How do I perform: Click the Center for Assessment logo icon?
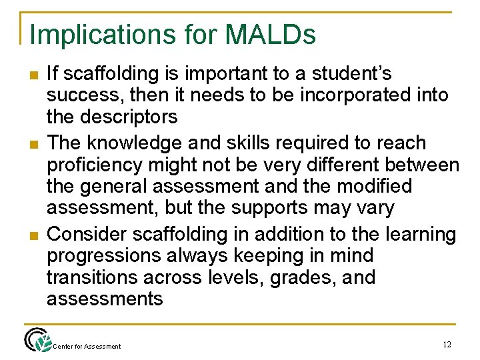[38, 340]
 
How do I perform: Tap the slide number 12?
[447, 345]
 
